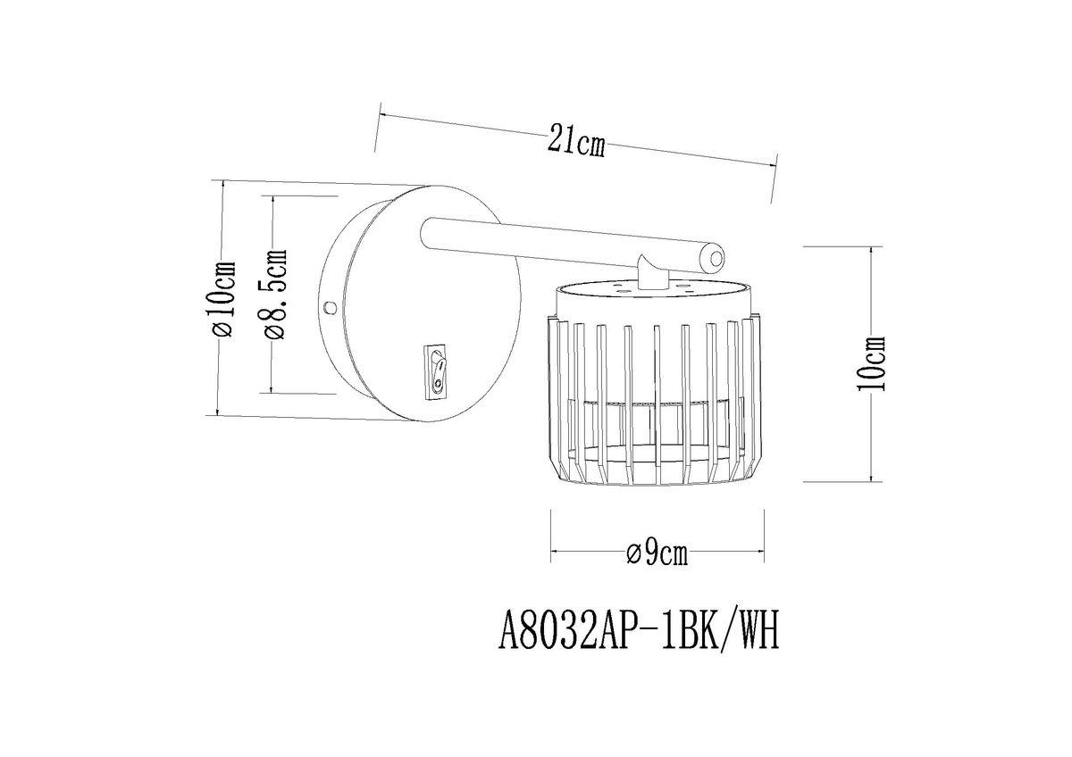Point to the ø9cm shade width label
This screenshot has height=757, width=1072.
click(657, 554)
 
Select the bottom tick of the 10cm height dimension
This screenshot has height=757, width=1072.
click(870, 481)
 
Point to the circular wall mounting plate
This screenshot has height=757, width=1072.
click(411, 304)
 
